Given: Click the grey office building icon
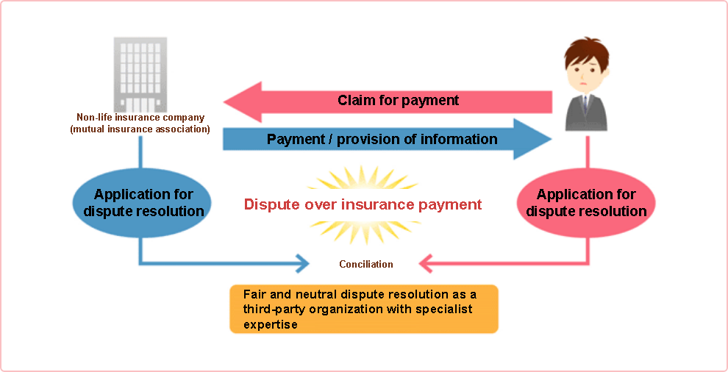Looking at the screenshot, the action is click(x=140, y=75).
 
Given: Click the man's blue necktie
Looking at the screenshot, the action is click(x=585, y=104).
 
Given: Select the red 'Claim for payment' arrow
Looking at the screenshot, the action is click(x=388, y=102).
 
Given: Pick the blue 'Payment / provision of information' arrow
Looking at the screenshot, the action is click(x=388, y=139).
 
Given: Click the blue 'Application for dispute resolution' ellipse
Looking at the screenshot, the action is click(x=142, y=204).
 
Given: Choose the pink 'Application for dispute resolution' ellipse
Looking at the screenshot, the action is click(x=586, y=204).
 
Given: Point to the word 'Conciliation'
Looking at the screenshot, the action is click(x=366, y=264).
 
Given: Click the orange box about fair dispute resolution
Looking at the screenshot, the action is click(x=364, y=309).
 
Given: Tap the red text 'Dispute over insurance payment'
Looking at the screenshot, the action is click(x=363, y=204).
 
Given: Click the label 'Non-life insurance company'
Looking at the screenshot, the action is click(x=140, y=118).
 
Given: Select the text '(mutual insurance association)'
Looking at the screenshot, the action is click(x=140, y=129).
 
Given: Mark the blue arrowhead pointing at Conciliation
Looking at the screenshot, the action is click(x=303, y=264).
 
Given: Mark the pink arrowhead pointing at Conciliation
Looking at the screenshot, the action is click(x=426, y=264).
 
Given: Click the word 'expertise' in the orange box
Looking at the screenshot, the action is click(x=270, y=325).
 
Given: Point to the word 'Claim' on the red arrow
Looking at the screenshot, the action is click(x=354, y=100).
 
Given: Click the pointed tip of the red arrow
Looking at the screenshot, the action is click(x=224, y=102).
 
